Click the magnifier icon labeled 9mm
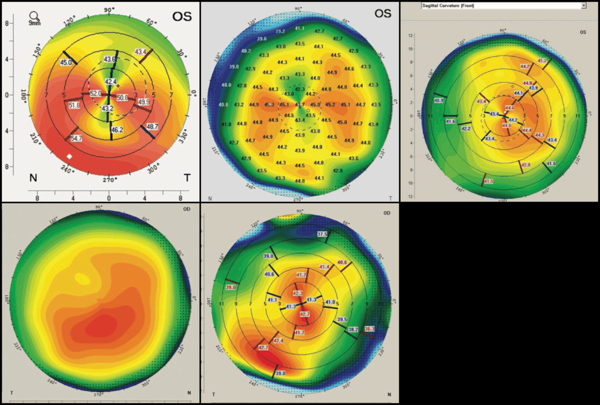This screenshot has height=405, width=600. pos(35,17)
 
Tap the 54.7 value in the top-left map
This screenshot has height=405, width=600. pos(76,138)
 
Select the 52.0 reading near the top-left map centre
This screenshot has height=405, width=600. pos(95,94)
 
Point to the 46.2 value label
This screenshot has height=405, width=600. pos(117,130)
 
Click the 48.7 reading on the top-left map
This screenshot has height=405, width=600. pos(152,127)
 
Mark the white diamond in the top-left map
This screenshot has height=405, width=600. pos(69,156)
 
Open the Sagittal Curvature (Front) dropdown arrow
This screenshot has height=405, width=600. pos(584,5)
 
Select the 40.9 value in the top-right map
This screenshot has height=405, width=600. pos(438,101)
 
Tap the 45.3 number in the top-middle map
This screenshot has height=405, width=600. pos(270,105)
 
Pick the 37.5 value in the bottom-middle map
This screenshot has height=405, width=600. pos(322,234)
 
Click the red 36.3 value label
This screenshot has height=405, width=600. pos(369,329)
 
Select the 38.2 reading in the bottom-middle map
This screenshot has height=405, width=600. pos(353,330)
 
